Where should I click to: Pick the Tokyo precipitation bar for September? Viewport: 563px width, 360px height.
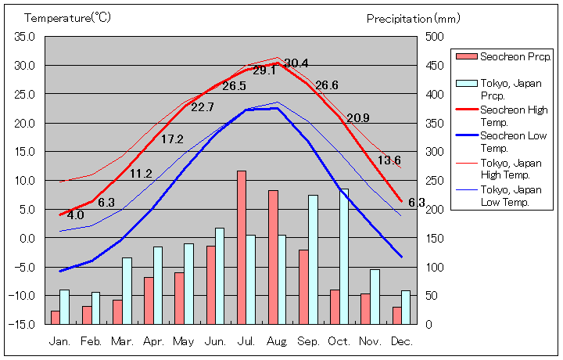[313, 259]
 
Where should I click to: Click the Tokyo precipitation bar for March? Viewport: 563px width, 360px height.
[127, 290]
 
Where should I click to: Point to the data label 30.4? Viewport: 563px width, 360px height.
[296, 63]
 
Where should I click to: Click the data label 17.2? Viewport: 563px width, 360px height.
[172, 139]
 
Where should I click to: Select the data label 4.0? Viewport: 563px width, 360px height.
[76, 215]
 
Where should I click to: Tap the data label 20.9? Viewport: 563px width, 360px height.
[358, 118]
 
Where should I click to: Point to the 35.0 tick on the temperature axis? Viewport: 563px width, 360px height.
[24, 37]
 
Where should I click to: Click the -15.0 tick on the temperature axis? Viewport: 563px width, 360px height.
[23, 324]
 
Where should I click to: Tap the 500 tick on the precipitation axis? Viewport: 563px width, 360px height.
[435, 37]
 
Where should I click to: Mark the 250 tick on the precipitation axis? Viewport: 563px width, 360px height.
[435, 181]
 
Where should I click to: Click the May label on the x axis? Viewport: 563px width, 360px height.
[184, 342]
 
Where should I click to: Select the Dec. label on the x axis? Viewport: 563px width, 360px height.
[401, 342]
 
